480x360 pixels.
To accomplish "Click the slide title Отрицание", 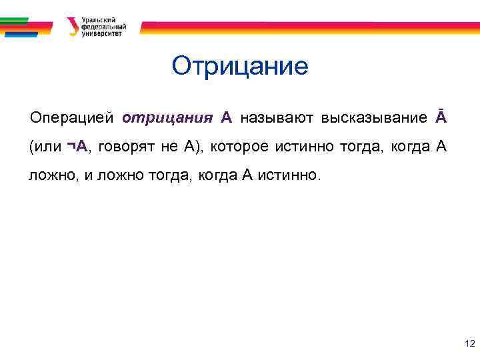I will pyautogui.click(x=240, y=67).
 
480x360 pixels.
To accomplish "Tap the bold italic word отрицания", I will pyautogui.click(x=167, y=119).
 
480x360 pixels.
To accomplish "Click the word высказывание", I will pyautogui.click(x=374, y=119).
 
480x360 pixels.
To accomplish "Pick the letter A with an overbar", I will pyautogui.click(x=441, y=118).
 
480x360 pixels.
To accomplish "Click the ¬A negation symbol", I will pyautogui.click(x=77, y=147).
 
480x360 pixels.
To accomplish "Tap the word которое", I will pyautogui.click(x=239, y=147).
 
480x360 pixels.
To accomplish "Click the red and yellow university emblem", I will pyautogui.click(x=72, y=27).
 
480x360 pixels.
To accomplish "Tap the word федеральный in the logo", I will pyautogui.click(x=103, y=27).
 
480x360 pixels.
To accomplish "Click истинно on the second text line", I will pyautogui.click(x=303, y=147).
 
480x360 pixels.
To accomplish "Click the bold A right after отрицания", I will pyautogui.click(x=227, y=119).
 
